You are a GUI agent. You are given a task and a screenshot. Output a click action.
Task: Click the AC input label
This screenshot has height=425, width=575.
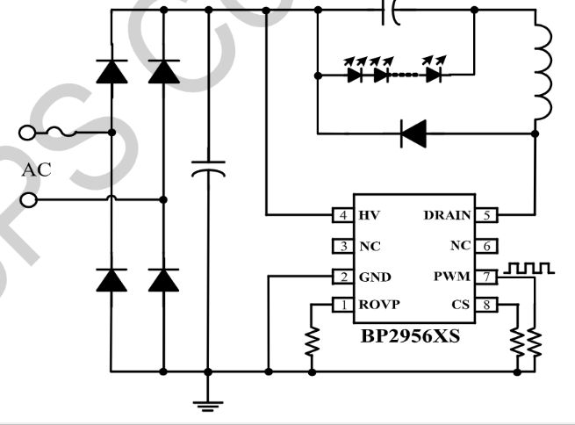pos(36,170)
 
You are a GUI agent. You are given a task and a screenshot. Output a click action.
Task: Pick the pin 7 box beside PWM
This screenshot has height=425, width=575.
pos(488,246)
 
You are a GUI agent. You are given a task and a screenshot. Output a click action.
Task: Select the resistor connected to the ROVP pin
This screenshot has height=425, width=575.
pos(312,342)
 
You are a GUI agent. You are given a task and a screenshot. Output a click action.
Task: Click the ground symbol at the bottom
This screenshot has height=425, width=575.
pos(208,404)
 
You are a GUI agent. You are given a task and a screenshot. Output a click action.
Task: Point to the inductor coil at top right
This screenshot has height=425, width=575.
pos(543,75)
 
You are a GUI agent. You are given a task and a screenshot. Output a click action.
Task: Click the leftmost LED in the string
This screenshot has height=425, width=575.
pos(355,75)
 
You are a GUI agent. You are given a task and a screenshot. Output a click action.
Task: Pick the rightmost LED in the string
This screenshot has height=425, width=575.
pos(433,75)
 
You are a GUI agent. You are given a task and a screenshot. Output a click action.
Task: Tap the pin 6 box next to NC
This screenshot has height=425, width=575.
pos(488,246)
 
